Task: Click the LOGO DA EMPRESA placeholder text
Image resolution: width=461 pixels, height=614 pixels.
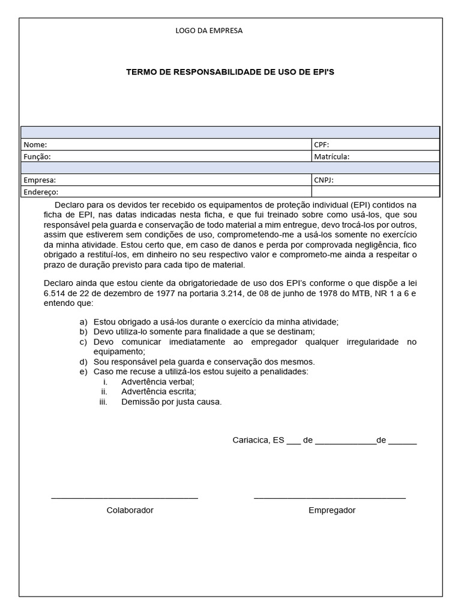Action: point(209,31)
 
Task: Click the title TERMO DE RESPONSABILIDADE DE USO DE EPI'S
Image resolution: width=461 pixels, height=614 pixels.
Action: point(230,71)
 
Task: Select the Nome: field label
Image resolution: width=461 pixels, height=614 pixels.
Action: point(35,145)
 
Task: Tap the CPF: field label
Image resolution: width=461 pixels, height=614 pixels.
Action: point(322,145)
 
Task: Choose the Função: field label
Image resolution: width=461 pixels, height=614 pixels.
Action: point(37,156)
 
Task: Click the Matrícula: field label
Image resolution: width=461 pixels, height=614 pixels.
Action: point(331,156)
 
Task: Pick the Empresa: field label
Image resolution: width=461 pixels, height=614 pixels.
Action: point(40,180)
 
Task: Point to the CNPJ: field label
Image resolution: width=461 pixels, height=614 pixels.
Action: point(324,180)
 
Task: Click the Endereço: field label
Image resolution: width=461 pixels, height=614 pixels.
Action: point(41,192)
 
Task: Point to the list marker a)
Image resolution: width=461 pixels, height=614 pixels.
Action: point(83,322)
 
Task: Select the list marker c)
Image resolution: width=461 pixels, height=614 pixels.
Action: point(83,342)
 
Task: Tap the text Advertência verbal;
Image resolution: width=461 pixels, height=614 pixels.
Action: point(158,381)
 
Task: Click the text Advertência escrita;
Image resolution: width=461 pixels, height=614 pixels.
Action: point(158,392)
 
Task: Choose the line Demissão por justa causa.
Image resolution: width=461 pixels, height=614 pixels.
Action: point(172,402)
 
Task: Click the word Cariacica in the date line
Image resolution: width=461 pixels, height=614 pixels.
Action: point(252,440)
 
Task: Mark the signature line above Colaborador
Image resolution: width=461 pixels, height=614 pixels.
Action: point(124,498)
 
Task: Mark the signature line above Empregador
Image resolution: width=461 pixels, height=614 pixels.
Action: point(330,498)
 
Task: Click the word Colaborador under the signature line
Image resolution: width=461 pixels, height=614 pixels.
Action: point(130,510)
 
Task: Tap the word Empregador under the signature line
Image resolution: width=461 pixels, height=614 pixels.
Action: point(332,510)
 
